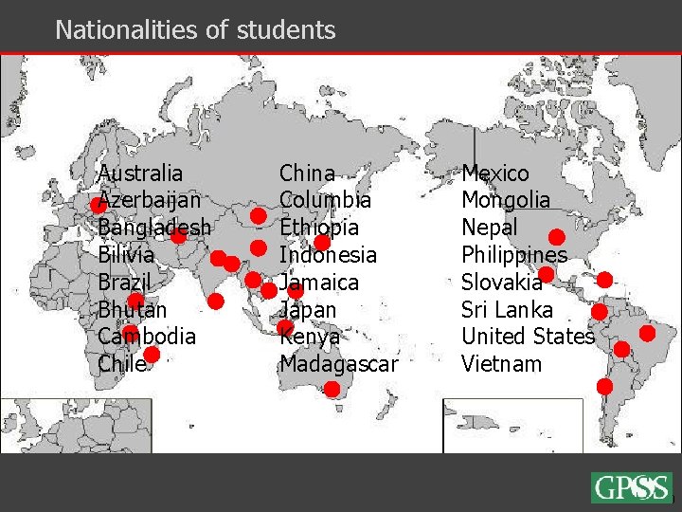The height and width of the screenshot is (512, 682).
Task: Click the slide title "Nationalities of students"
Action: [x=195, y=30]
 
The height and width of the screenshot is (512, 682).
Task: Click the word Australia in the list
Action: [x=141, y=174]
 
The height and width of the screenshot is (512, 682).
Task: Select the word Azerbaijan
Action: [x=150, y=201]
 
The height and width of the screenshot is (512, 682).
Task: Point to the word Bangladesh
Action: [x=155, y=229]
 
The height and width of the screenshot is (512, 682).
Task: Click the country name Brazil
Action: [x=124, y=283]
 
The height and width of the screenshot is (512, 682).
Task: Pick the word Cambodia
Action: [x=147, y=337]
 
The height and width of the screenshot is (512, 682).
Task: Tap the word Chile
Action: [x=122, y=364]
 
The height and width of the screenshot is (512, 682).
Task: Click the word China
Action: [x=307, y=174]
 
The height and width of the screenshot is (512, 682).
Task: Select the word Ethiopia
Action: [x=319, y=229]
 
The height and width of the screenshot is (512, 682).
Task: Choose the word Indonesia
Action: [x=328, y=255]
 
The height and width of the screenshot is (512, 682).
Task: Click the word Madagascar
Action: [x=339, y=364]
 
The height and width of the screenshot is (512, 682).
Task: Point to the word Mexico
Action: [x=495, y=174]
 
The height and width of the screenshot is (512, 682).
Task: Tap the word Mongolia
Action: [x=506, y=201]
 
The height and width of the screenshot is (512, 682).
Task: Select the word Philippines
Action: [x=514, y=255]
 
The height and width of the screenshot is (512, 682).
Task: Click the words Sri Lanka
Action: [x=507, y=310]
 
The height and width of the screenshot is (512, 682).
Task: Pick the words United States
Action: [x=528, y=337]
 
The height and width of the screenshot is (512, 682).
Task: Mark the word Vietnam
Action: [x=501, y=364]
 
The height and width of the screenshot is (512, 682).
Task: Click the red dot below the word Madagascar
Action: [x=332, y=389]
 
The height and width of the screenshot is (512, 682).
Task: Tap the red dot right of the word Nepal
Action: [x=557, y=236]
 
